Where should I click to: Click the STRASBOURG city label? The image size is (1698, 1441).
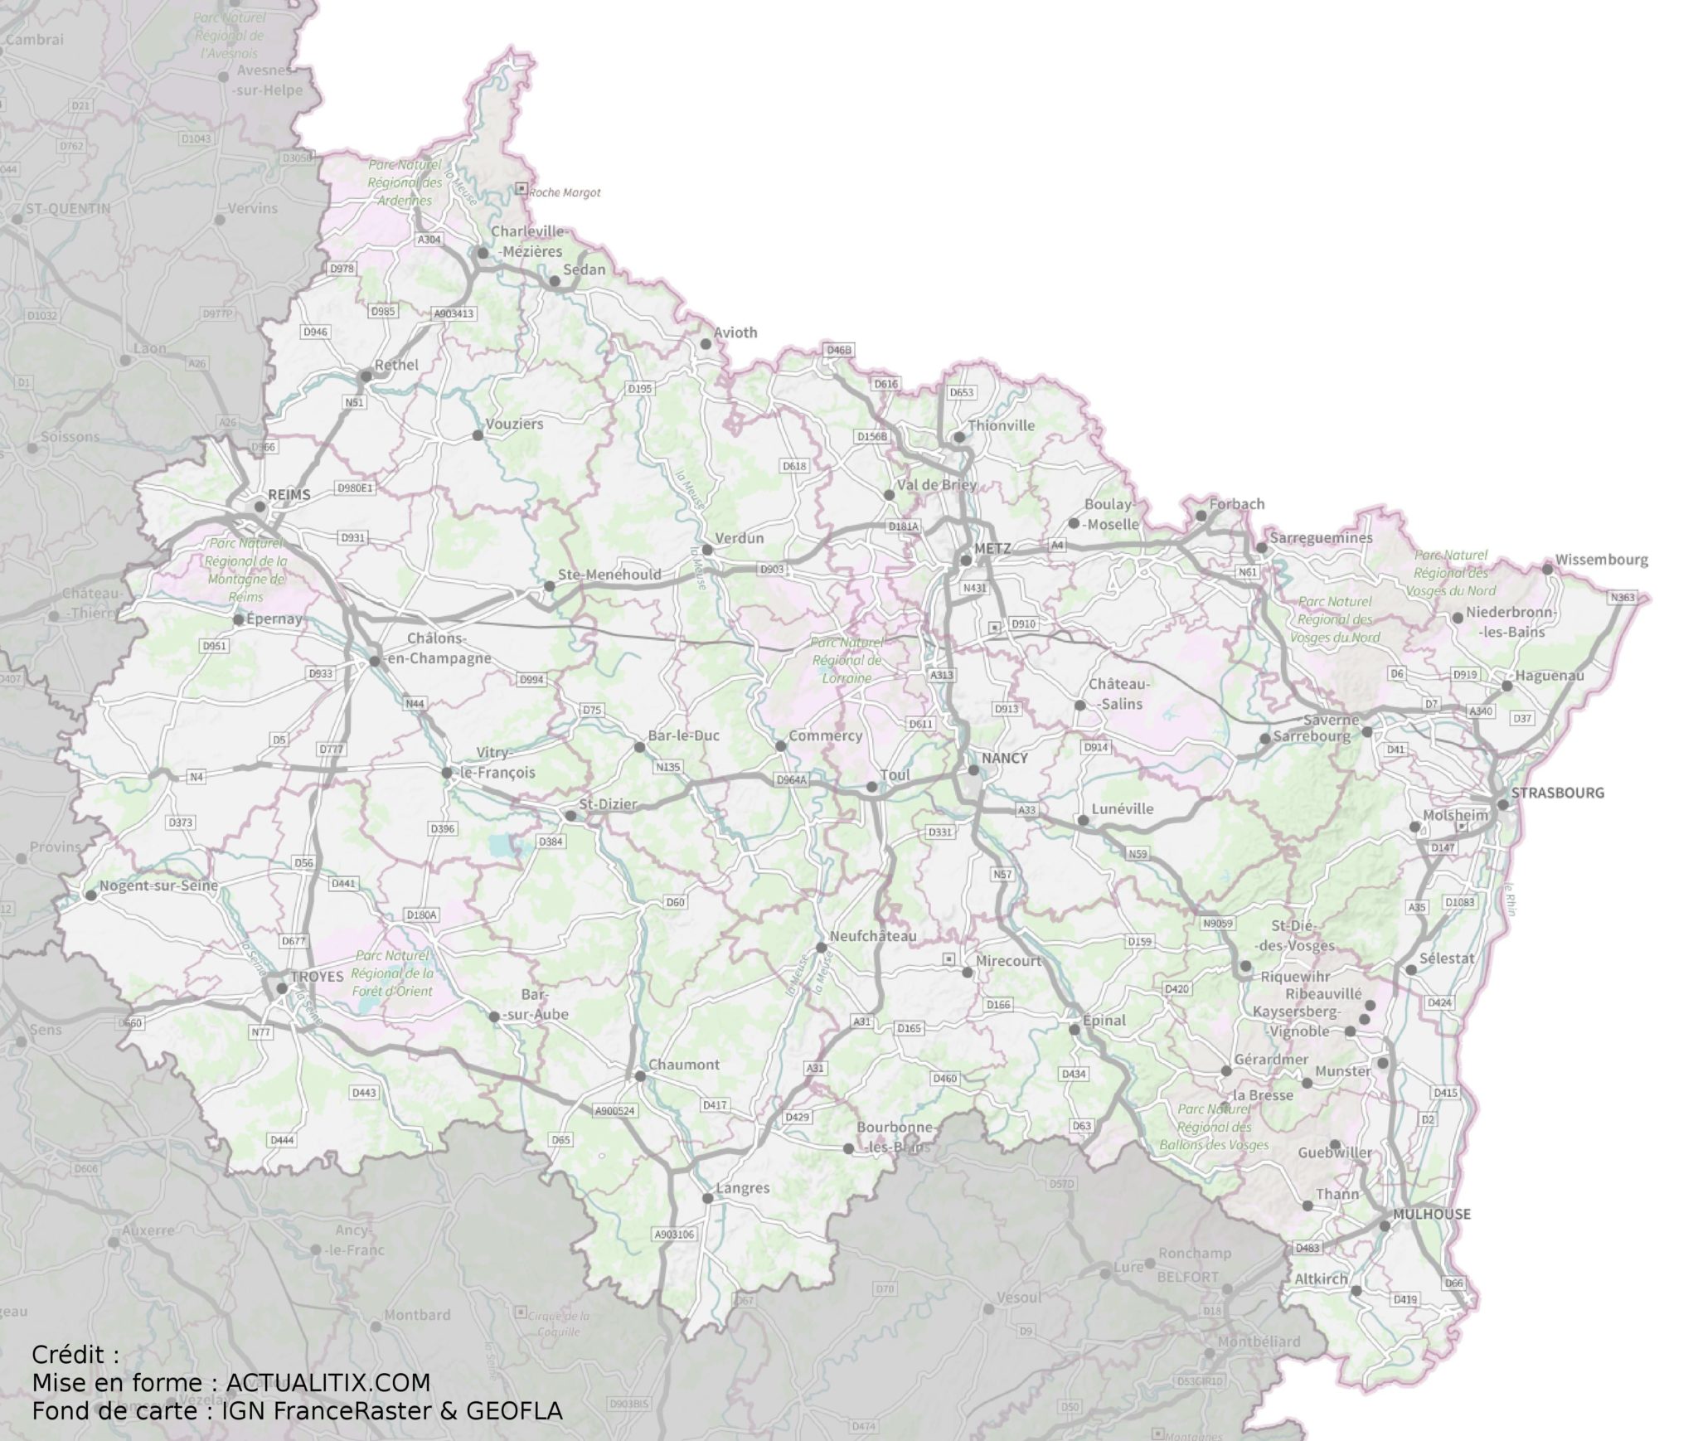point(1557,793)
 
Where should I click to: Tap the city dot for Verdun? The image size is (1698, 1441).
point(707,550)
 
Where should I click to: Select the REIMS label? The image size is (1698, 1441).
point(289,495)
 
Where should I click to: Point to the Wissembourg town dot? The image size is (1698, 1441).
point(1547,569)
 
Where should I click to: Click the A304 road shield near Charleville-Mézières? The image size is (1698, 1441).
point(429,240)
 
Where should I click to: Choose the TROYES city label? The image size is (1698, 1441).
point(317,977)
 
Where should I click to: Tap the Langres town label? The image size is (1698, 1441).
point(742,1188)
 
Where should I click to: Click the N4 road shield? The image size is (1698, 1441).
point(196,777)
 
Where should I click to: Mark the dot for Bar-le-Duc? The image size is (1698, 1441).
point(639,747)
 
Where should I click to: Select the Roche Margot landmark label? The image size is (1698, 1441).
point(565,192)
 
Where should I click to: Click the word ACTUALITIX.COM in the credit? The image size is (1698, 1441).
point(327,1383)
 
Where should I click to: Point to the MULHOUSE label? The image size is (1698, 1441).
point(1432,1214)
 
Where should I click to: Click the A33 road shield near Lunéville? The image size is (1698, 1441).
point(1026,810)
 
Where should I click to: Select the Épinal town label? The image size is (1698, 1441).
point(1104,1020)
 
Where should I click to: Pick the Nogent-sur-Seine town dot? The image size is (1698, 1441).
point(90,895)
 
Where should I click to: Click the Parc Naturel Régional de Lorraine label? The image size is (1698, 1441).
point(847,660)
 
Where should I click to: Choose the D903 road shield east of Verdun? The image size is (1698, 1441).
point(770,570)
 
